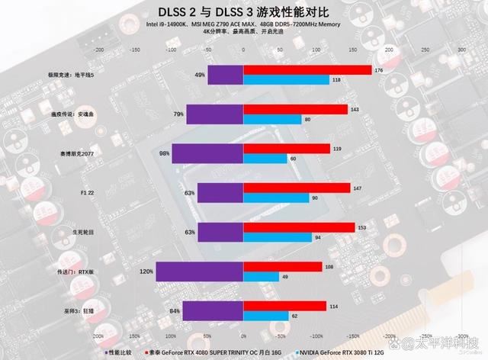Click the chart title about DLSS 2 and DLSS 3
click(x=243, y=11)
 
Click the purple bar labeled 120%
click(x=200, y=271)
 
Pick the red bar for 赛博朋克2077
click(x=287, y=148)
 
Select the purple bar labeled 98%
click(x=207, y=153)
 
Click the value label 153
click(x=362, y=227)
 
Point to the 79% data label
click(x=178, y=114)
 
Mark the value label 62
click(x=295, y=315)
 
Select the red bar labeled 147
click(x=297, y=188)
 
